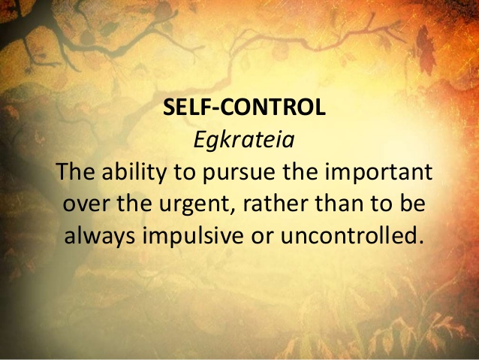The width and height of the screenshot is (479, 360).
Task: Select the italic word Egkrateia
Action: click(x=239, y=140)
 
